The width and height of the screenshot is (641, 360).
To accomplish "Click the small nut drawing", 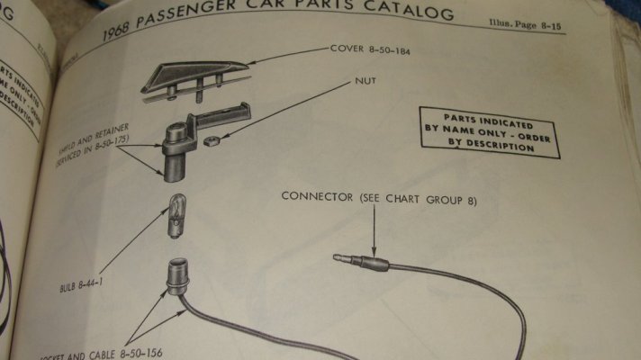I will click(x=212, y=140).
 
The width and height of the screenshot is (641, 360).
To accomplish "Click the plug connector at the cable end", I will click(x=360, y=263).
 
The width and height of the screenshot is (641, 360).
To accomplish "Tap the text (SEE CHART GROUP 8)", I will click(x=418, y=199).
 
